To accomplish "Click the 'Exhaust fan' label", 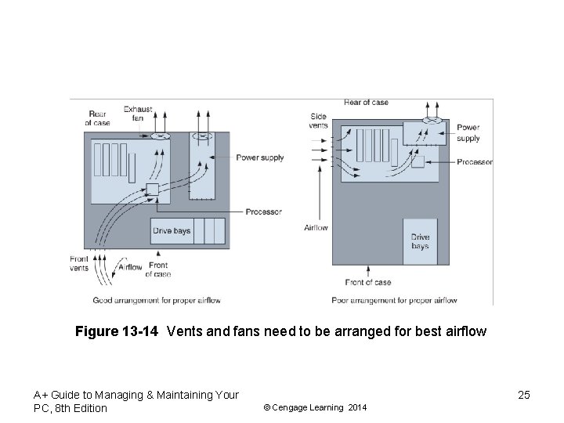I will tap(138, 114).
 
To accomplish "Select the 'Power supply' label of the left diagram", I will tap(260, 157).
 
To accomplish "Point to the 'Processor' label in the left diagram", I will tap(263, 211).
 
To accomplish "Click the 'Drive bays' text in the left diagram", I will tap(172, 231).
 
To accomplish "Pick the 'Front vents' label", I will tap(79, 264).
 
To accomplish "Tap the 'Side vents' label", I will tap(318, 121).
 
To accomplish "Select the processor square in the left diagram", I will tap(153, 190).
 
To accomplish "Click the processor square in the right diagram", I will tap(418, 161).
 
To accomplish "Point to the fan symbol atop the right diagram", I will tap(433, 121).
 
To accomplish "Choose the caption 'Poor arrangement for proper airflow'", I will tap(394, 300).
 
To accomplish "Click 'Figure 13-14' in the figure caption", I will tap(117, 331).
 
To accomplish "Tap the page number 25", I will tap(523, 395).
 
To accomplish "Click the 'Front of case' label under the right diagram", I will tap(367, 282).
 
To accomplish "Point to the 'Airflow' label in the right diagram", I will tap(316, 228).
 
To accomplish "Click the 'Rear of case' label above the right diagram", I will tap(366, 103).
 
